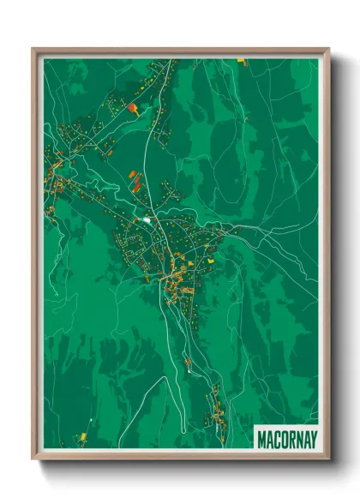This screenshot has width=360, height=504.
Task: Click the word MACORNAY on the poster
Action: (286, 439)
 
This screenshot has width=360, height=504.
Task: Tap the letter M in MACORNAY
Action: (262, 439)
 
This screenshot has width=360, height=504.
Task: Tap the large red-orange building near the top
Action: (132, 108)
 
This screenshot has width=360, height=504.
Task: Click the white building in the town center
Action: (147, 220)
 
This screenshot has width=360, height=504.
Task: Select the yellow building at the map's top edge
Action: (241, 61)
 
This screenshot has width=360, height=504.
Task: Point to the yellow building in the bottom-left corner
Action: (82, 436)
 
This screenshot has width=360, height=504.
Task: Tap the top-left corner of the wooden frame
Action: (33, 49)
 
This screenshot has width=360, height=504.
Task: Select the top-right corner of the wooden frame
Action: (328, 49)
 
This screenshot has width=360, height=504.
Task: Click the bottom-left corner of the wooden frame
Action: (33, 458)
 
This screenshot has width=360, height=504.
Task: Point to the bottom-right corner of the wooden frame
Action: (328, 458)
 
